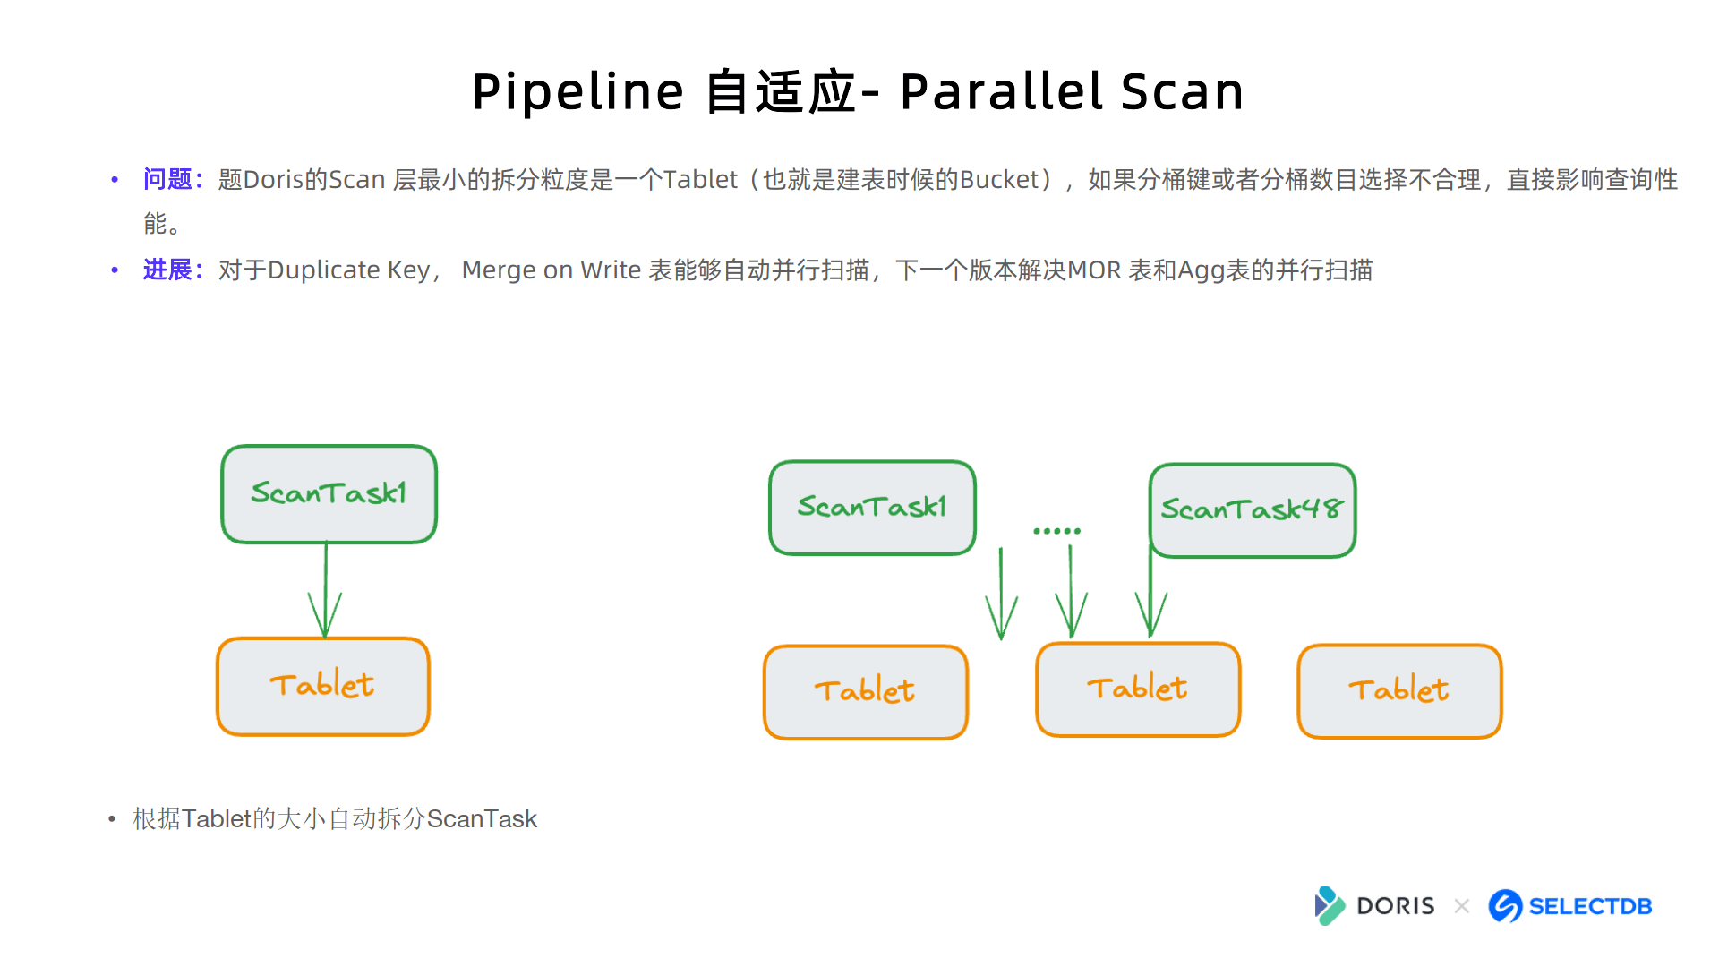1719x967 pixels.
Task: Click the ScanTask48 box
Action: [1253, 510]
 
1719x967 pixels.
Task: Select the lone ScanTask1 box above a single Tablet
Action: [329, 494]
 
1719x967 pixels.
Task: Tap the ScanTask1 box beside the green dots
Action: [873, 508]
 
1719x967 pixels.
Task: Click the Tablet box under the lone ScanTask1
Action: [323, 687]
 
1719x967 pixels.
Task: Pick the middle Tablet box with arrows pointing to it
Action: [1138, 689]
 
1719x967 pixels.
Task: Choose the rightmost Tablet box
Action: [1399, 691]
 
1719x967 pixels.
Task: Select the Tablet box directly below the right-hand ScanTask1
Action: [866, 692]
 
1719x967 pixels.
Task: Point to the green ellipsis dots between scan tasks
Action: [1056, 531]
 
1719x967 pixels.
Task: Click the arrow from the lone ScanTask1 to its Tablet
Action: [325, 590]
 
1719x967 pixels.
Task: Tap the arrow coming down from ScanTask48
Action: [1150, 591]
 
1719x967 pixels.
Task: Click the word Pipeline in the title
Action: [578, 92]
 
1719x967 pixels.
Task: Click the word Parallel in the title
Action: [1002, 91]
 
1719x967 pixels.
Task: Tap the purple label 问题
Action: [167, 179]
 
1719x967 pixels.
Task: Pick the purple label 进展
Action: [167, 270]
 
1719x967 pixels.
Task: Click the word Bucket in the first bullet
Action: [999, 180]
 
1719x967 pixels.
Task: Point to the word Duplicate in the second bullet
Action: [324, 270]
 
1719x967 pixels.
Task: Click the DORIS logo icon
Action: [1330, 905]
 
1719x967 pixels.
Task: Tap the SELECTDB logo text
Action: [1590, 906]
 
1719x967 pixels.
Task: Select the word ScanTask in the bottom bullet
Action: [482, 818]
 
